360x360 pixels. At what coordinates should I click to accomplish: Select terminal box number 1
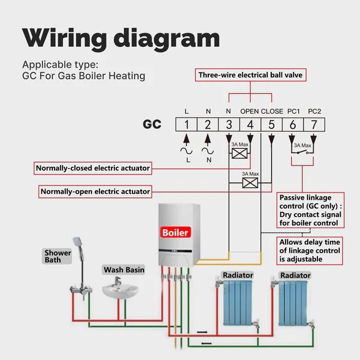187,125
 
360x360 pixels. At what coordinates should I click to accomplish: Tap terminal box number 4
250,125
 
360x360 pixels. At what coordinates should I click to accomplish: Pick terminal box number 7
313,125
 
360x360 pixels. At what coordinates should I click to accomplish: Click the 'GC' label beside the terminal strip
152,125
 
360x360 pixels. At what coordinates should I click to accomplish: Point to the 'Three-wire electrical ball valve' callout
251,75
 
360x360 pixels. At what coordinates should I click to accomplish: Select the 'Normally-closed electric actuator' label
92,167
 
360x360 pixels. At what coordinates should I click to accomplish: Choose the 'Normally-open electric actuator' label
94,192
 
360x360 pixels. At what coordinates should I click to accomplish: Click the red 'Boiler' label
175,232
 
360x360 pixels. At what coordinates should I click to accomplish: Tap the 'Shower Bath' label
57,256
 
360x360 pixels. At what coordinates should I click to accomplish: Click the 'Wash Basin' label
124,270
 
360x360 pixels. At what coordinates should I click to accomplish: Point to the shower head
77,241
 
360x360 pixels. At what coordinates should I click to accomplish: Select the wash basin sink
120,290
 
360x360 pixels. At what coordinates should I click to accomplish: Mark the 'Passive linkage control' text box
311,210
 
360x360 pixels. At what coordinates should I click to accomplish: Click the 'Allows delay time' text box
310,250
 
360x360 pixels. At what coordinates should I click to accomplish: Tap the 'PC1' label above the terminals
293,111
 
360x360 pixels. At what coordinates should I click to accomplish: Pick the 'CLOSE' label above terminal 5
272,111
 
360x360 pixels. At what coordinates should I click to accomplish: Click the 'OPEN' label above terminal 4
250,111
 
